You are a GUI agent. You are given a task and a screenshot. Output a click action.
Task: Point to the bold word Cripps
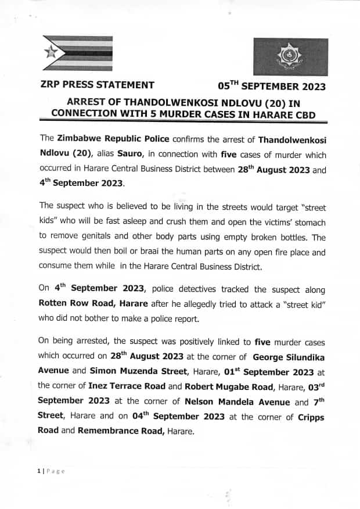coord(311,417)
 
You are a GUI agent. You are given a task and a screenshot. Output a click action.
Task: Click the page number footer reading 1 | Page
coord(49,471)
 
